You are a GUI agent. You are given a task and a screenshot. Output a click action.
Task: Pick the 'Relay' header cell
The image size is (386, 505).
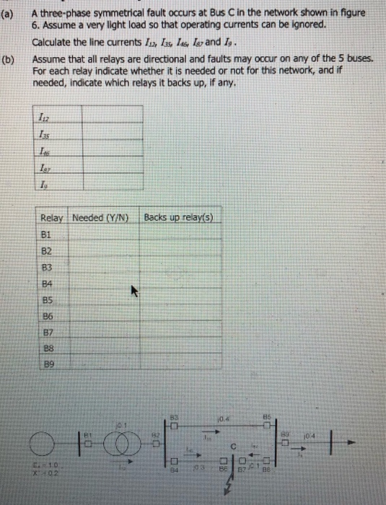52,218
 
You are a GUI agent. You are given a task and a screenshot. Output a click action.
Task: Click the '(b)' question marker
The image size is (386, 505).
9,59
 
